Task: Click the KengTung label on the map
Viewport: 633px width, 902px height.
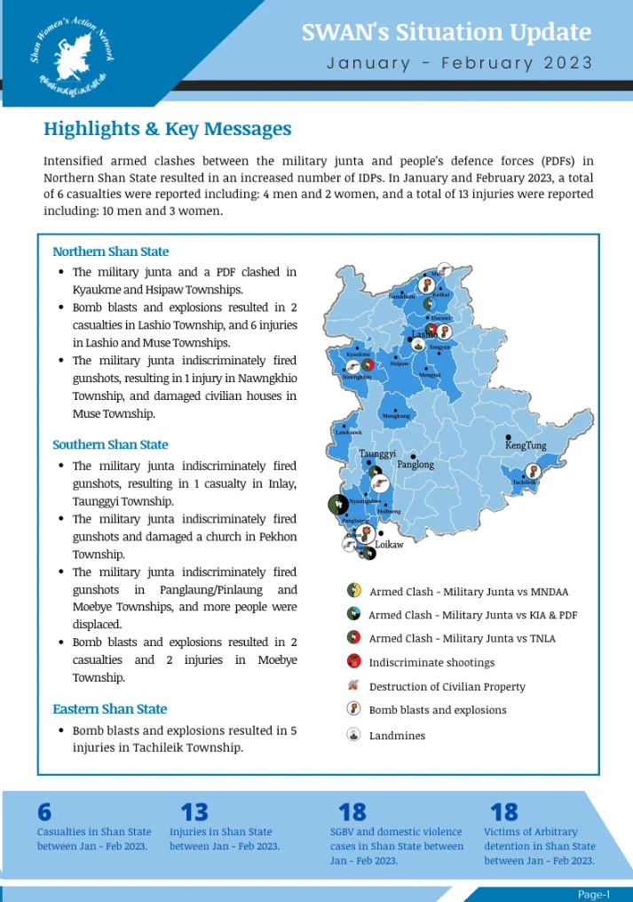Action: [x=526, y=446]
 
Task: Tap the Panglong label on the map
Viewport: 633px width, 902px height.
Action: [x=415, y=465]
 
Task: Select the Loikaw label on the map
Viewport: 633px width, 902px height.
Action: [x=389, y=544]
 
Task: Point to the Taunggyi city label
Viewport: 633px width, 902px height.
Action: [x=377, y=453]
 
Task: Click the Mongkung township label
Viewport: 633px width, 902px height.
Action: [x=396, y=415]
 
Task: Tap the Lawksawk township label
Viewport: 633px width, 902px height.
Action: [x=348, y=433]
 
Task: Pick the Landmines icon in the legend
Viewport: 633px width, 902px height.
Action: [x=353, y=735]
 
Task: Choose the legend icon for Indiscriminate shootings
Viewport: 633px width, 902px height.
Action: [x=353, y=661]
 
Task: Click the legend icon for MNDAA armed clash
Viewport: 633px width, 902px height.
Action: [x=353, y=590]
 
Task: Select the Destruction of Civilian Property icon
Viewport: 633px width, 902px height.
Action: [x=353, y=685]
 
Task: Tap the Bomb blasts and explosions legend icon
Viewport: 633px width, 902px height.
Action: [x=353, y=709]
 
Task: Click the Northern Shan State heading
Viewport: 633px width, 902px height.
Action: [x=110, y=251]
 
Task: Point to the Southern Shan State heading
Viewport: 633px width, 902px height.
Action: [x=110, y=444]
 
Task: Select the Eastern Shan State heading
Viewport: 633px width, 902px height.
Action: [x=109, y=709]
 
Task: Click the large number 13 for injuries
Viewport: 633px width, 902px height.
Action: [x=194, y=812]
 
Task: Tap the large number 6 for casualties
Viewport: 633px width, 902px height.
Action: [x=44, y=812]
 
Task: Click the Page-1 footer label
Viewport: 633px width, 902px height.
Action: [x=594, y=894]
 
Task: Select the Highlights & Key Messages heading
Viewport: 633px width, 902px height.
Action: [x=167, y=129]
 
